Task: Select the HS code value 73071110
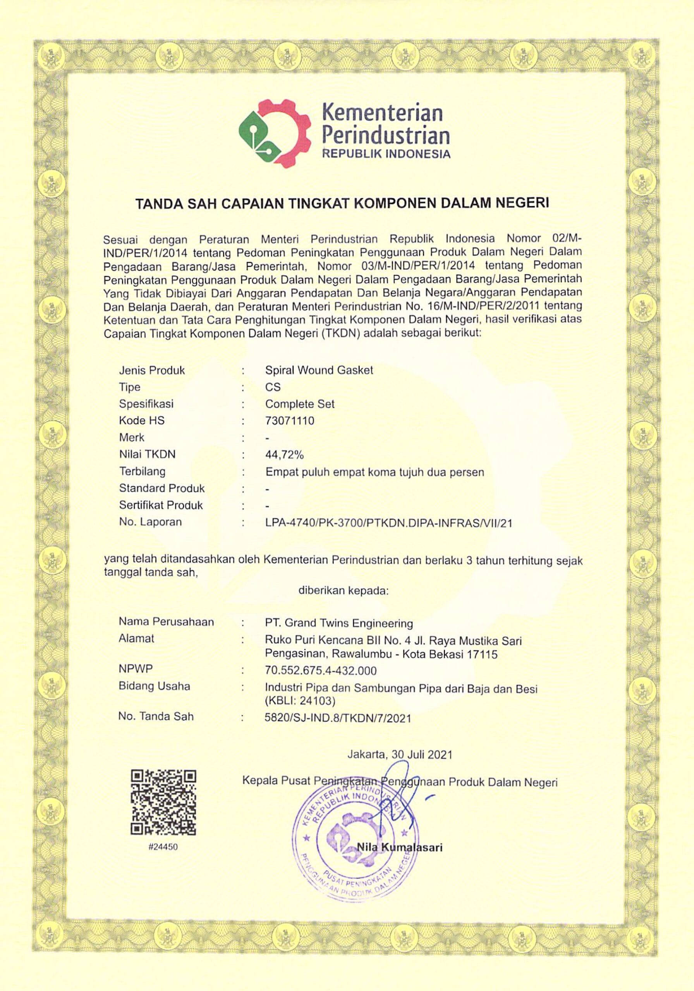[289, 420]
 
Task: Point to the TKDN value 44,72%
[285, 454]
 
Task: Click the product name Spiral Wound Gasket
[319, 370]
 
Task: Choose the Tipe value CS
[273, 387]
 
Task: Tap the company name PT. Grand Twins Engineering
[338, 623]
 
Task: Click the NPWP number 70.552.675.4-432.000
[320, 670]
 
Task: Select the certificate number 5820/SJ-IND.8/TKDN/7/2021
[337, 718]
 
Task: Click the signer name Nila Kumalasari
[399, 847]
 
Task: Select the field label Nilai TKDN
[147, 454]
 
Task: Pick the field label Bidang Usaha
[154, 686]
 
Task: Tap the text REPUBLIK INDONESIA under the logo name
[387, 154]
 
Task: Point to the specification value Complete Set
[300, 404]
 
